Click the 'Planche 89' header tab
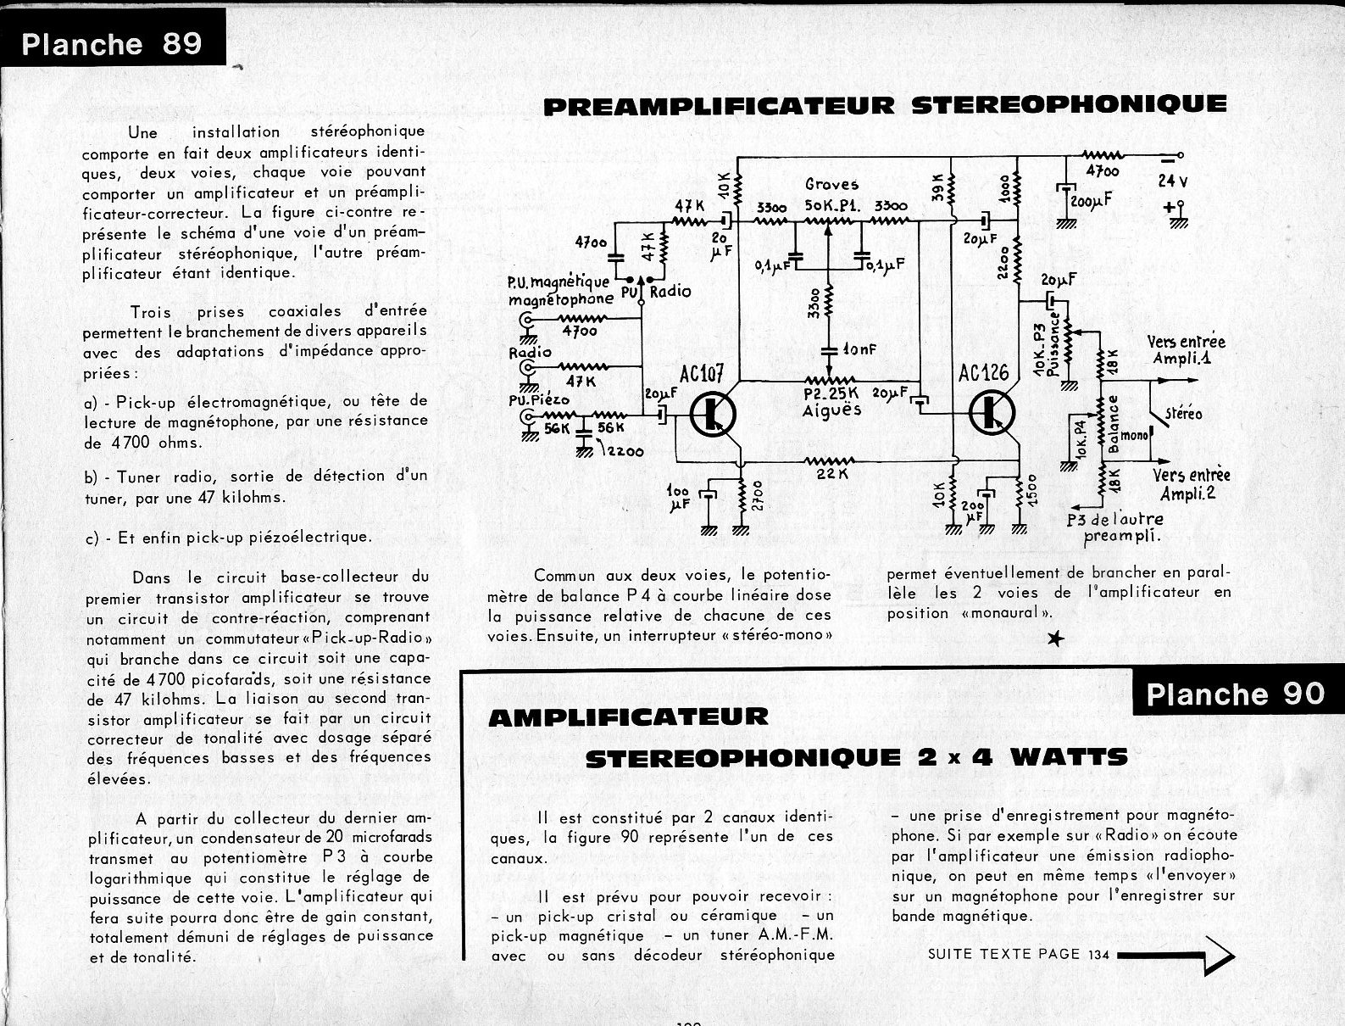point(112,43)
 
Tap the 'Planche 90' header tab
point(1235,694)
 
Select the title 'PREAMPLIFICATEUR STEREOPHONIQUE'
point(884,105)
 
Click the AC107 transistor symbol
point(712,413)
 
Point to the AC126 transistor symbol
point(990,412)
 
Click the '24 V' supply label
point(1174,180)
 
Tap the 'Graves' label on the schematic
point(831,184)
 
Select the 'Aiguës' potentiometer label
point(831,410)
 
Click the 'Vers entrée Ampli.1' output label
point(1186,349)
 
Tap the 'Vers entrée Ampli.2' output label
point(1191,483)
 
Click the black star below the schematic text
point(1054,639)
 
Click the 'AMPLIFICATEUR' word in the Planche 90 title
point(628,717)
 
